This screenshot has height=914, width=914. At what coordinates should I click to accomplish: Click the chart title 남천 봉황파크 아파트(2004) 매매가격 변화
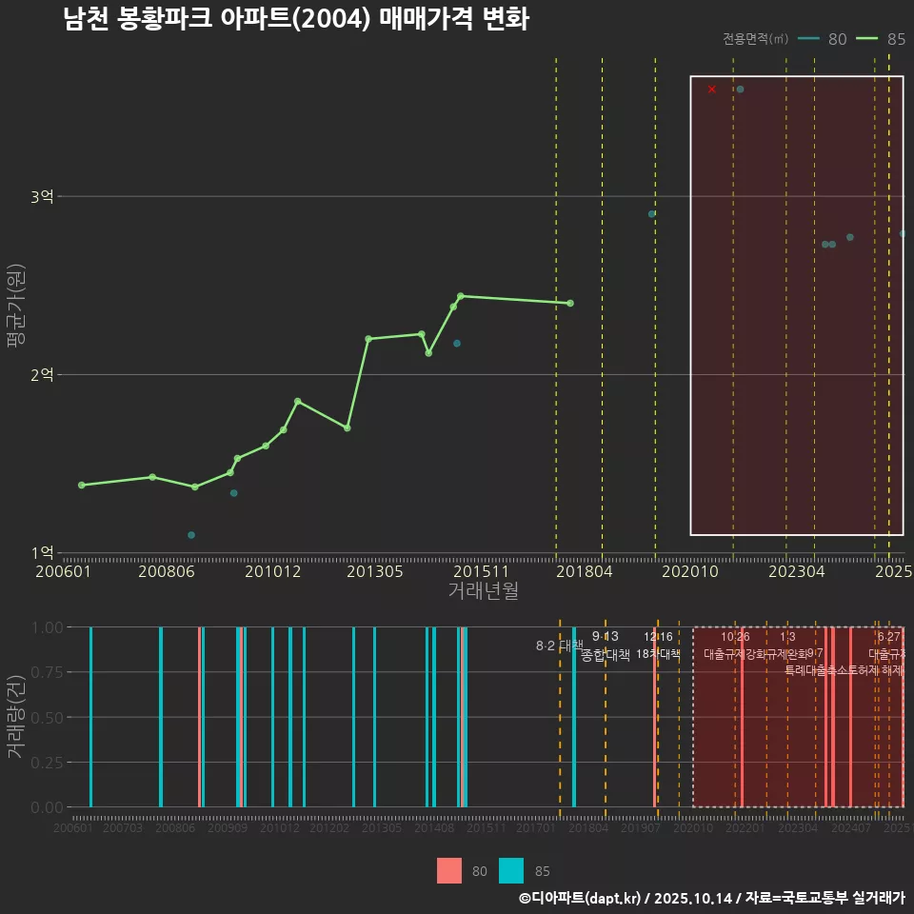(295, 19)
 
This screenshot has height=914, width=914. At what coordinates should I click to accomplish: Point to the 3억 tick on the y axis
(42, 197)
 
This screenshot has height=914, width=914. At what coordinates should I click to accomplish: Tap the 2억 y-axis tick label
(42, 375)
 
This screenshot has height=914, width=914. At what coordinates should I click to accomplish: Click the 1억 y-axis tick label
(42, 553)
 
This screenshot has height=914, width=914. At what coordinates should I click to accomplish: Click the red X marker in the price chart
(711, 89)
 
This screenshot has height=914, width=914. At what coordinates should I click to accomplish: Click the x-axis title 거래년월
(483, 591)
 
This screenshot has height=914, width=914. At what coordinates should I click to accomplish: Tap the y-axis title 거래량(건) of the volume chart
(16, 717)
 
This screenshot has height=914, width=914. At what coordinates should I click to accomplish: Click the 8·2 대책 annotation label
(559, 646)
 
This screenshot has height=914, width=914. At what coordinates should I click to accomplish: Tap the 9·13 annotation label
(605, 637)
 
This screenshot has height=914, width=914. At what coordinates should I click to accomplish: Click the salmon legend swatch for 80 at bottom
(449, 871)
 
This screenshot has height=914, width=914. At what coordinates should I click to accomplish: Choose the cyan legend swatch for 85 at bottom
(511, 871)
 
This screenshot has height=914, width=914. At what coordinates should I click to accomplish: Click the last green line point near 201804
(570, 303)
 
